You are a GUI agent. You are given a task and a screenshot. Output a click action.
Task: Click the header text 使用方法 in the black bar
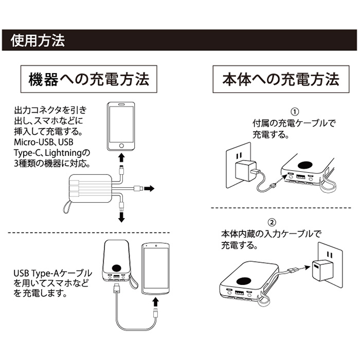click(x=38, y=40)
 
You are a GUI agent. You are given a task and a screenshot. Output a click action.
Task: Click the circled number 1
click(x=295, y=112)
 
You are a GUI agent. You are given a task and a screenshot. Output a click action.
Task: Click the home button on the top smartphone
click(x=121, y=144)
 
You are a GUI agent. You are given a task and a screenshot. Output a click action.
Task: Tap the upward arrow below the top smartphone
click(x=121, y=156)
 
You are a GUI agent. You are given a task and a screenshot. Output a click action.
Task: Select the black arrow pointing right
click(x=148, y=189)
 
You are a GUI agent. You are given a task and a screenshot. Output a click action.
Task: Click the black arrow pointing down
click(x=122, y=218)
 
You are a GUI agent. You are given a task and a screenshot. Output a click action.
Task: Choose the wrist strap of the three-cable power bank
click(x=68, y=208)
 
